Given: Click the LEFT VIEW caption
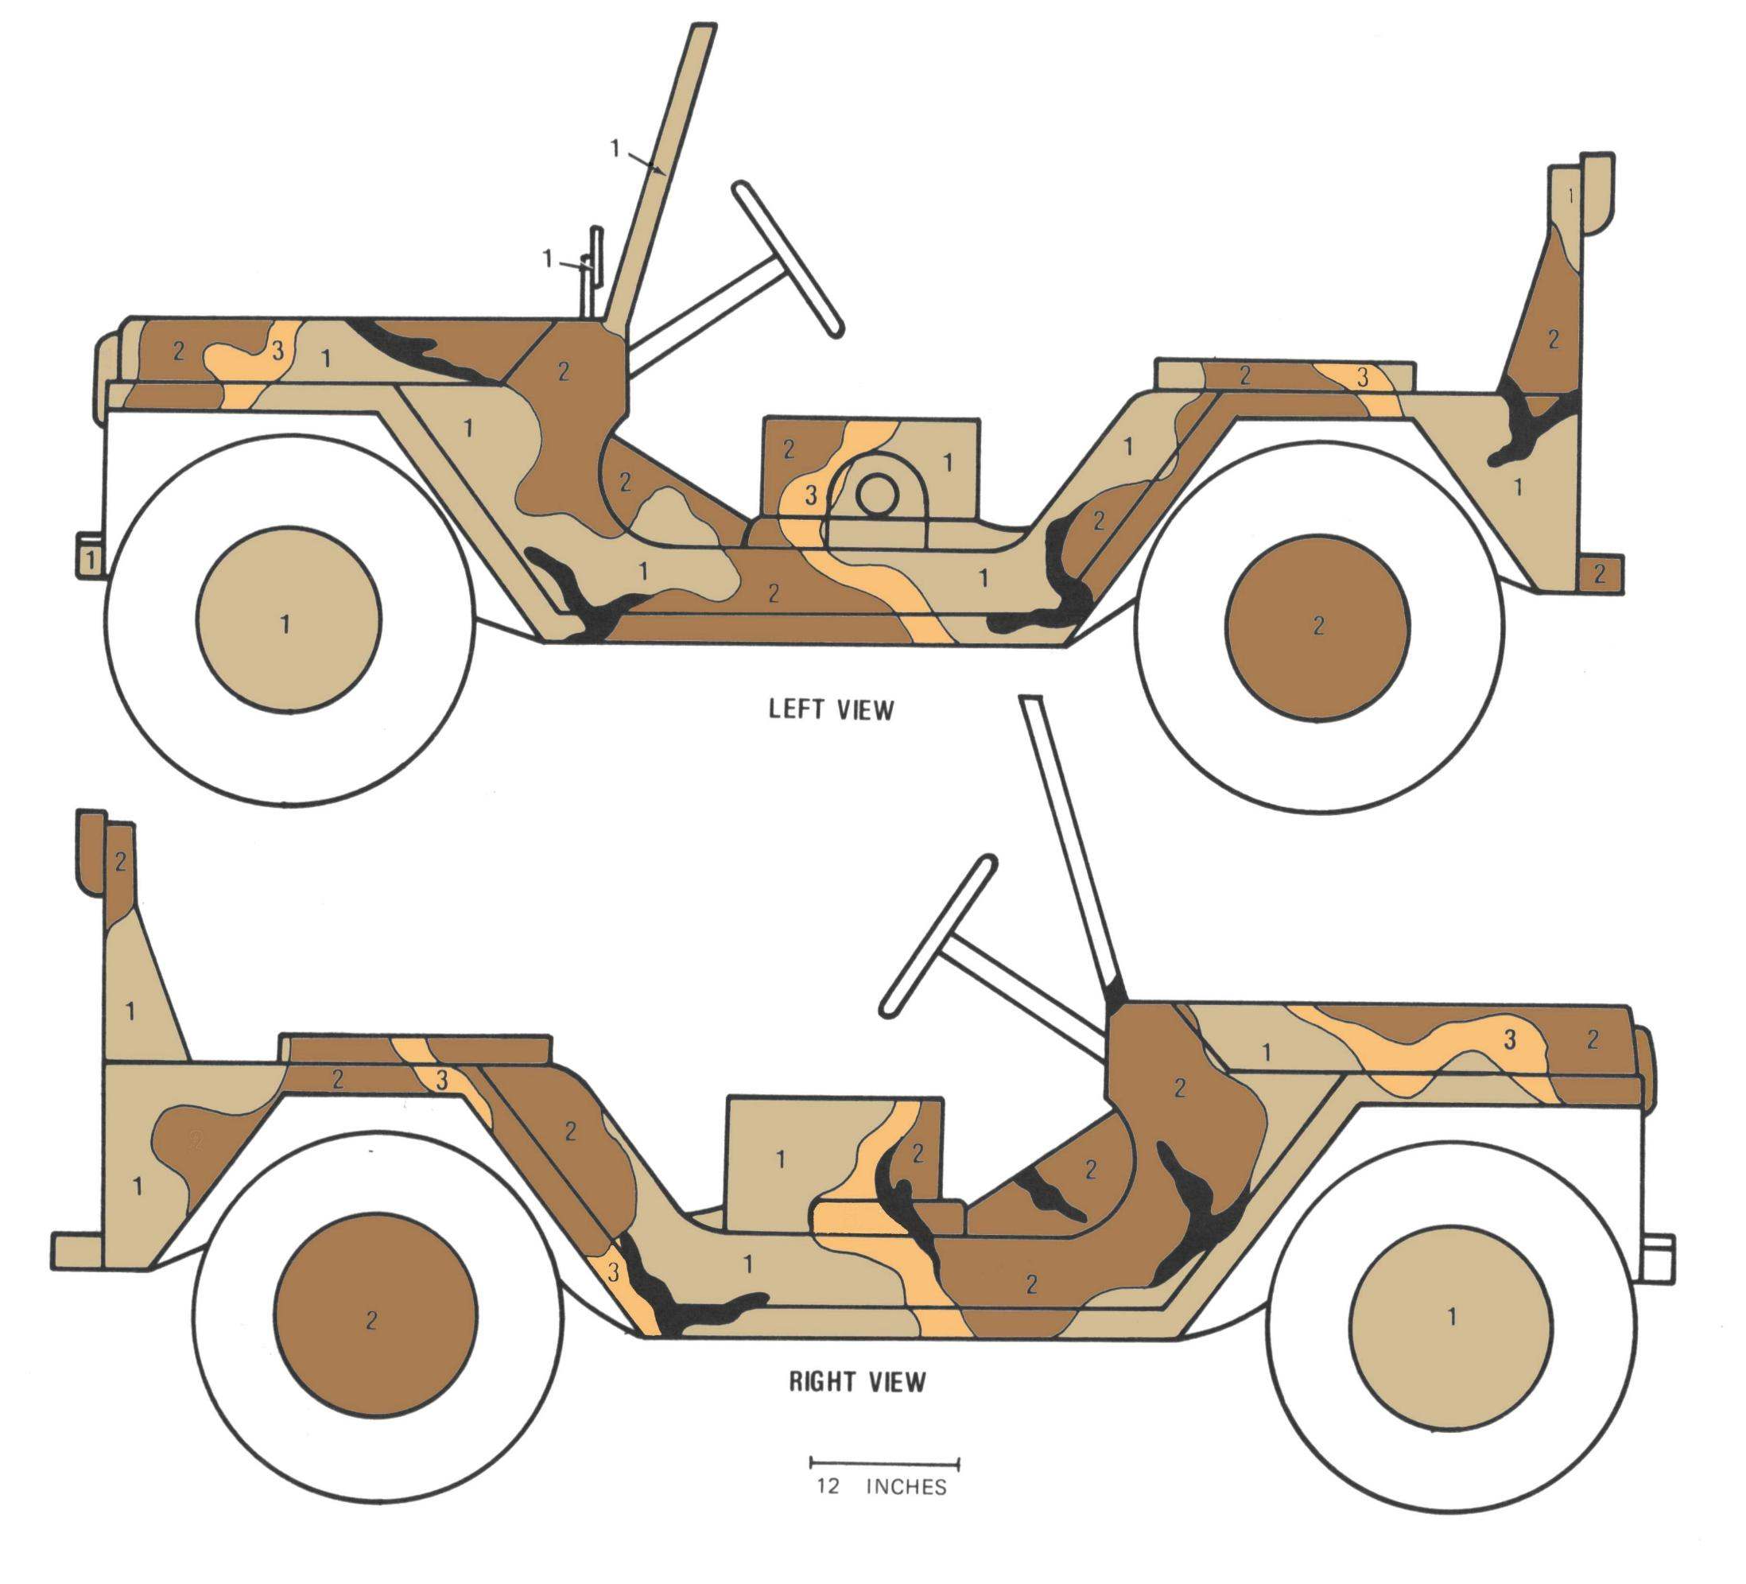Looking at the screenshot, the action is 831,709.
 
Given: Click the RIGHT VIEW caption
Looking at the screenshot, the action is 856,1381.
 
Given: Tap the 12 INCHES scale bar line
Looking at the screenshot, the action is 884,1464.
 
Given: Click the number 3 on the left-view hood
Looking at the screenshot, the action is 277,351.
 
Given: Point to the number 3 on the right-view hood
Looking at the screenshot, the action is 1510,1040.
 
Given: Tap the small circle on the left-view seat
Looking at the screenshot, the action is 876,495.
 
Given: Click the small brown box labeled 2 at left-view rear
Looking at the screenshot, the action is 1599,573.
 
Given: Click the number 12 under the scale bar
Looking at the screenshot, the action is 827,1486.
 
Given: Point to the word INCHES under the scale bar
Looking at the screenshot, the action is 906,1487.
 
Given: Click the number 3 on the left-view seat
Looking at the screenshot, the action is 811,495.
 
